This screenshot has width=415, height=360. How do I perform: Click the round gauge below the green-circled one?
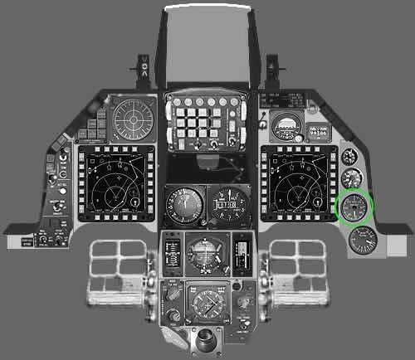coord(363,240)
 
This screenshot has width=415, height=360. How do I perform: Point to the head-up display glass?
coord(207,46)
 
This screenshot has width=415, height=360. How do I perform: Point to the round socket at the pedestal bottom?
coord(205,339)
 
